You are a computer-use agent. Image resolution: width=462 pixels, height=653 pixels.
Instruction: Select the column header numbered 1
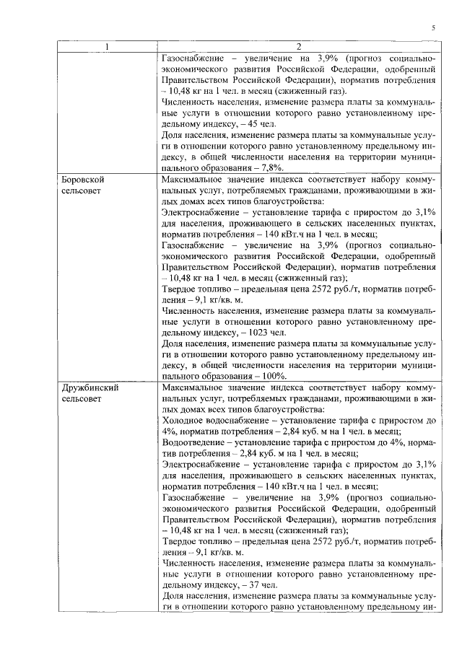pos(108,48)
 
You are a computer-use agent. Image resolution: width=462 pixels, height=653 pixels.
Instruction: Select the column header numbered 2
pos(298,48)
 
